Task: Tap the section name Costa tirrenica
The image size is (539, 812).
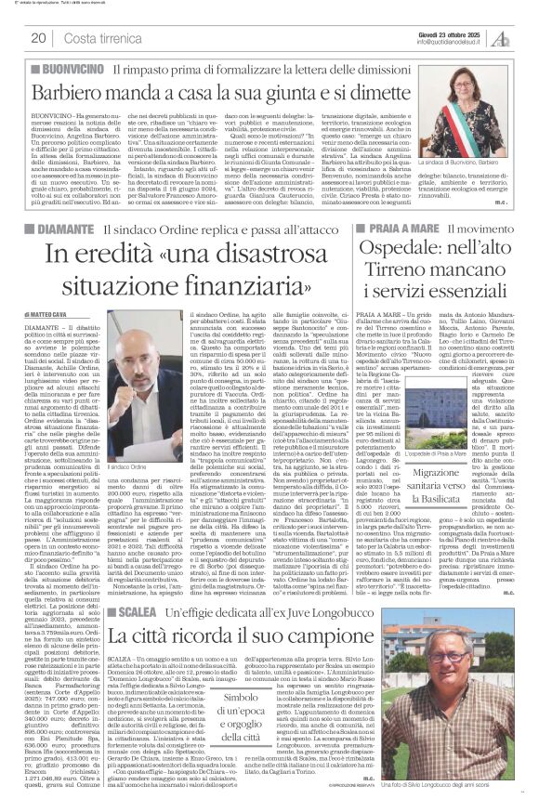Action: [94, 37]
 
